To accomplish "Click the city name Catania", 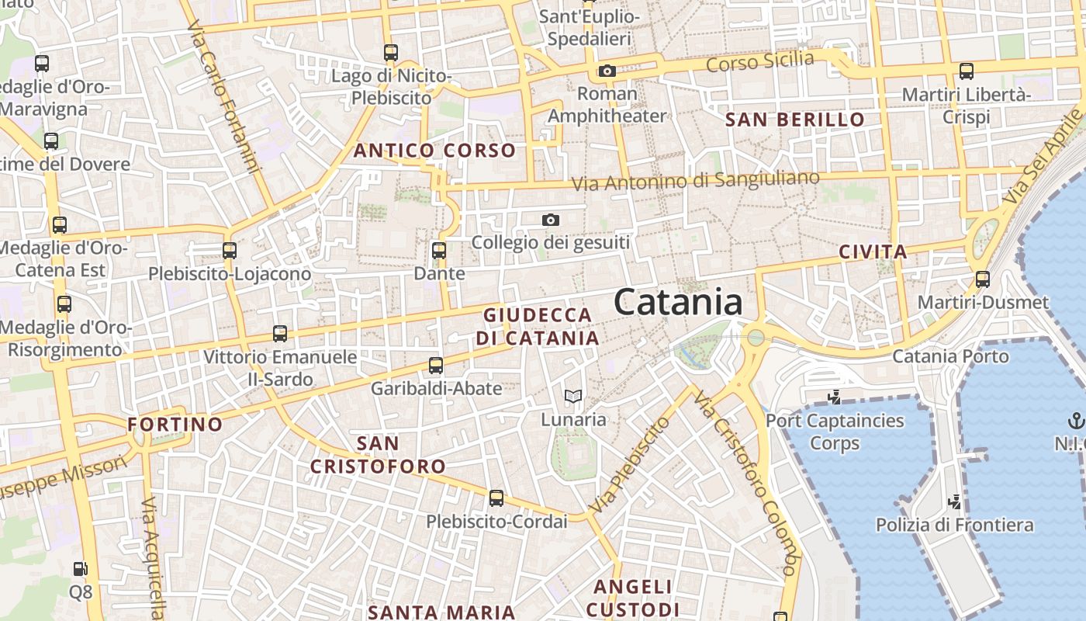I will tap(678, 303).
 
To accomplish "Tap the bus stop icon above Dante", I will tap(439, 251).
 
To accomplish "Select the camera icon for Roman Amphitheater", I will tap(607, 71).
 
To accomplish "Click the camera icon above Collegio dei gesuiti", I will tap(551, 220).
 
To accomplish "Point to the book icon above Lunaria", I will tap(573, 397).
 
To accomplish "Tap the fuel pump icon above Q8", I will tap(81, 569).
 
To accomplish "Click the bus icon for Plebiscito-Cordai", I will tap(496, 498).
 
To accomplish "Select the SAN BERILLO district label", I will tap(794, 120).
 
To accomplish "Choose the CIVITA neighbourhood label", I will tap(873, 252).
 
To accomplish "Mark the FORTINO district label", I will tap(175, 425).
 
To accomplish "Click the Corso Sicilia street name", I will tap(760, 61).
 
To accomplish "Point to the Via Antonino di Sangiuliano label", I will tap(695, 181).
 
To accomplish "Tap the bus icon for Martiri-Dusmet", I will tap(983, 279).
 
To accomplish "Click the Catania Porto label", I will tap(950, 356).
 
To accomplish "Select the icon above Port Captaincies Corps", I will tap(835, 397).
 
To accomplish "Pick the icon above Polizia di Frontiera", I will tap(955, 501).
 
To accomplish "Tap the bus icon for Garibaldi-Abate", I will tap(436, 366).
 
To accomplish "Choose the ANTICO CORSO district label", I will tap(434, 151).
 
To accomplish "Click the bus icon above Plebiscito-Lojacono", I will tap(230, 251).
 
